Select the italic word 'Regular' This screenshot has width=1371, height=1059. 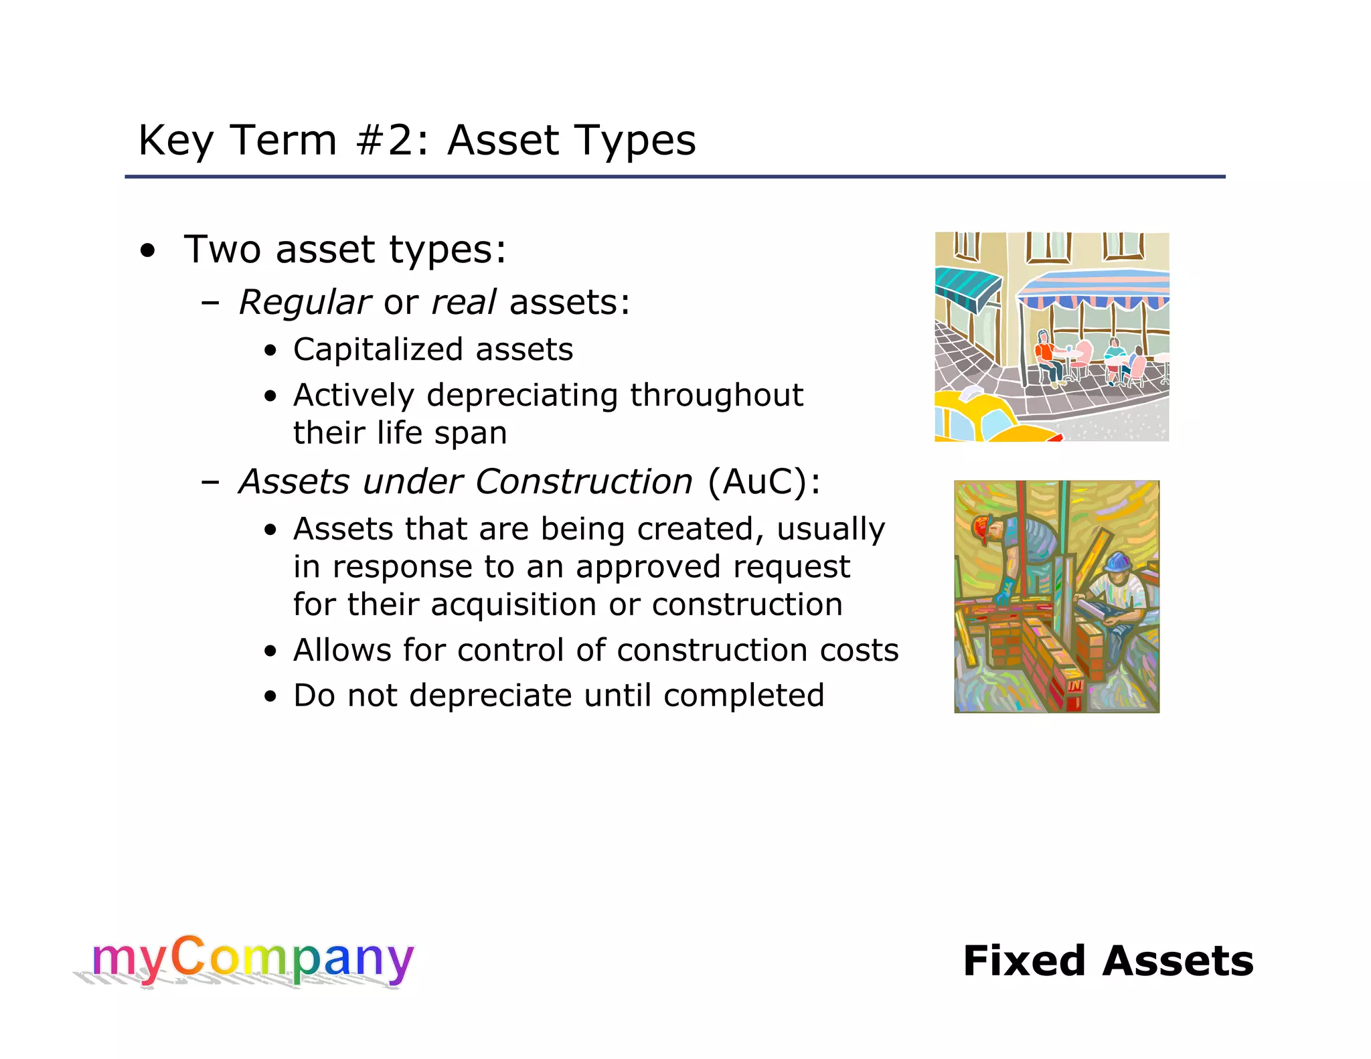click(x=305, y=303)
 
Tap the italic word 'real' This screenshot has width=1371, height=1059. click(x=463, y=302)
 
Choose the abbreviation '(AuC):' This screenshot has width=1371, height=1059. click(x=764, y=482)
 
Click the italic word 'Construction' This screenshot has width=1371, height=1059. click(x=584, y=482)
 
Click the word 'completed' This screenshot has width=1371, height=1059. click(x=743, y=696)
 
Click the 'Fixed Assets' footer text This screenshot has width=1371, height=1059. click(x=1108, y=961)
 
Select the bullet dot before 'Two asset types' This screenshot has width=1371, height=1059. click(x=148, y=252)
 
